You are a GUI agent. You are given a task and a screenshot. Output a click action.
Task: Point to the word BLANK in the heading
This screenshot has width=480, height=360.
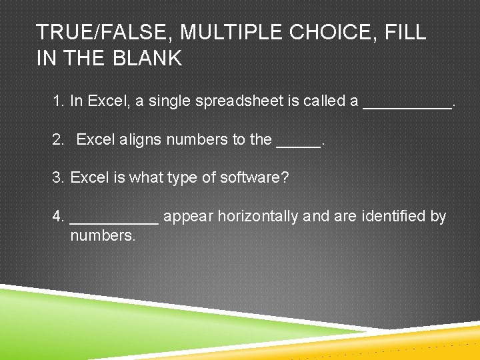147,59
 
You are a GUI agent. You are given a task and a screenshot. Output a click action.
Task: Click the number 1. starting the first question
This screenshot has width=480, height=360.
59,101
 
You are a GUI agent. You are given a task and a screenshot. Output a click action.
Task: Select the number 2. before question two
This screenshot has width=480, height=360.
59,140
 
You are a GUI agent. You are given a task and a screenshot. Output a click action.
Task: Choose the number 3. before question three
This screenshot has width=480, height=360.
59,178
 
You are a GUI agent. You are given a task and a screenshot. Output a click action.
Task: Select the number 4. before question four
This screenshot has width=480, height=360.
59,217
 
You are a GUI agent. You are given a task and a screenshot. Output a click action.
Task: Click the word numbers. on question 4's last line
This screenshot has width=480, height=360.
103,235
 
